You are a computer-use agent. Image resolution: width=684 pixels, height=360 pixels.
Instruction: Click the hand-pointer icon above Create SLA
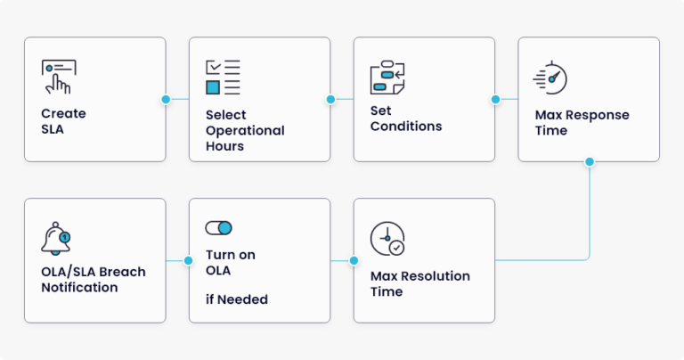click(59, 77)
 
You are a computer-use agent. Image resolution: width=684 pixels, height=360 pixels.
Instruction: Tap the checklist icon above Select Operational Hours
click(223, 78)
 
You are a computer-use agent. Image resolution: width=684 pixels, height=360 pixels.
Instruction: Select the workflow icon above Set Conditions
click(387, 78)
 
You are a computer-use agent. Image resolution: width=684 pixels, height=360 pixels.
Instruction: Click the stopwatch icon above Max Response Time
click(550, 78)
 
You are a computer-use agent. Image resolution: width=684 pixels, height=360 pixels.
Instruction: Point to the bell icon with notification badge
click(56, 238)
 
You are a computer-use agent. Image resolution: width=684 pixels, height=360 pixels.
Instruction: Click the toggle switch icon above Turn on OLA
click(218, 228)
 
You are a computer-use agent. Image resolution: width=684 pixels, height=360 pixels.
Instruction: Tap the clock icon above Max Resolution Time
click(387, 238)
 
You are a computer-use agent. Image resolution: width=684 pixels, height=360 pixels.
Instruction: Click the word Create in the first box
click(63, 113)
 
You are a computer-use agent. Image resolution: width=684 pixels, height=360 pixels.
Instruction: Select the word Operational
click(245, 130)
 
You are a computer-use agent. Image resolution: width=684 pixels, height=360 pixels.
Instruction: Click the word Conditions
click(406, 127)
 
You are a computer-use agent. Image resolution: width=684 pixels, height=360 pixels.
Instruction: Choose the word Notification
click(79, 287)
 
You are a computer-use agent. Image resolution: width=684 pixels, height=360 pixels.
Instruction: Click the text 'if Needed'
click(237, 299)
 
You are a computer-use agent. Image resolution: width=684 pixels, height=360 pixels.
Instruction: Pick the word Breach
click(126, 272)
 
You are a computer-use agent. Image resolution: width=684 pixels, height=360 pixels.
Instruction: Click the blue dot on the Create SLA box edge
click(166, 100)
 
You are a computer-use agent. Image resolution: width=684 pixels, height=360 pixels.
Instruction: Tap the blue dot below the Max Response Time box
click(590, 162)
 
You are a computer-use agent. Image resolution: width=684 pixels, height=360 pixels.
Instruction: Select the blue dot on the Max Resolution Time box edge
click(354, 260)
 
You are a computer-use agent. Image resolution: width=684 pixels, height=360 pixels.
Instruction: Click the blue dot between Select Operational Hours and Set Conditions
click(330, 100)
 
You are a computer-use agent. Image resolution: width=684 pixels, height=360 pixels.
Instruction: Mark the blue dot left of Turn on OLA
click(188, 260)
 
